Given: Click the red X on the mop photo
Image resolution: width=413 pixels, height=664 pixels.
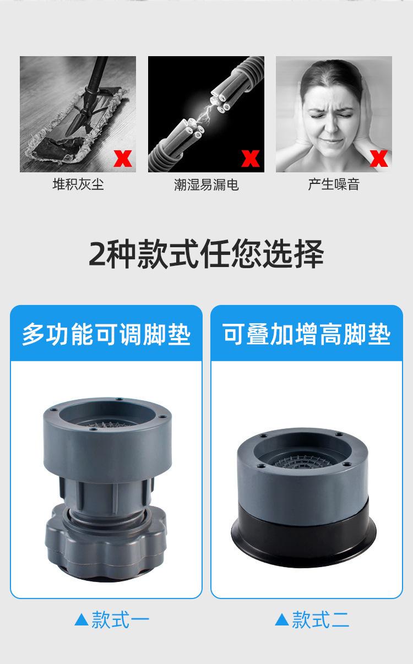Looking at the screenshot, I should coord(123,158).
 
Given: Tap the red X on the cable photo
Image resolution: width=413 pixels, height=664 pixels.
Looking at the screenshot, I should coord(251,158).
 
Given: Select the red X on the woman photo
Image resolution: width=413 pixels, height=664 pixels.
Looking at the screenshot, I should coord(379,158).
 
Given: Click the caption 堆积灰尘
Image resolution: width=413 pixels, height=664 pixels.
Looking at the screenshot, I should coord(78,184).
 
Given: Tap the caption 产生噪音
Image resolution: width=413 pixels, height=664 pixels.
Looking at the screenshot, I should coord(334,184).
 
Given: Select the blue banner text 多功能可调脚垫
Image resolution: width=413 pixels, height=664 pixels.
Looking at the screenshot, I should coord(106,334).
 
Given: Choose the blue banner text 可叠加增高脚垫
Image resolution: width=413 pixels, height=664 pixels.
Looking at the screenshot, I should coord(307,334).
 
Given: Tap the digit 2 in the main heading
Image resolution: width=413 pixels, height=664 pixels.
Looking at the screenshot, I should coord(96,254).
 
